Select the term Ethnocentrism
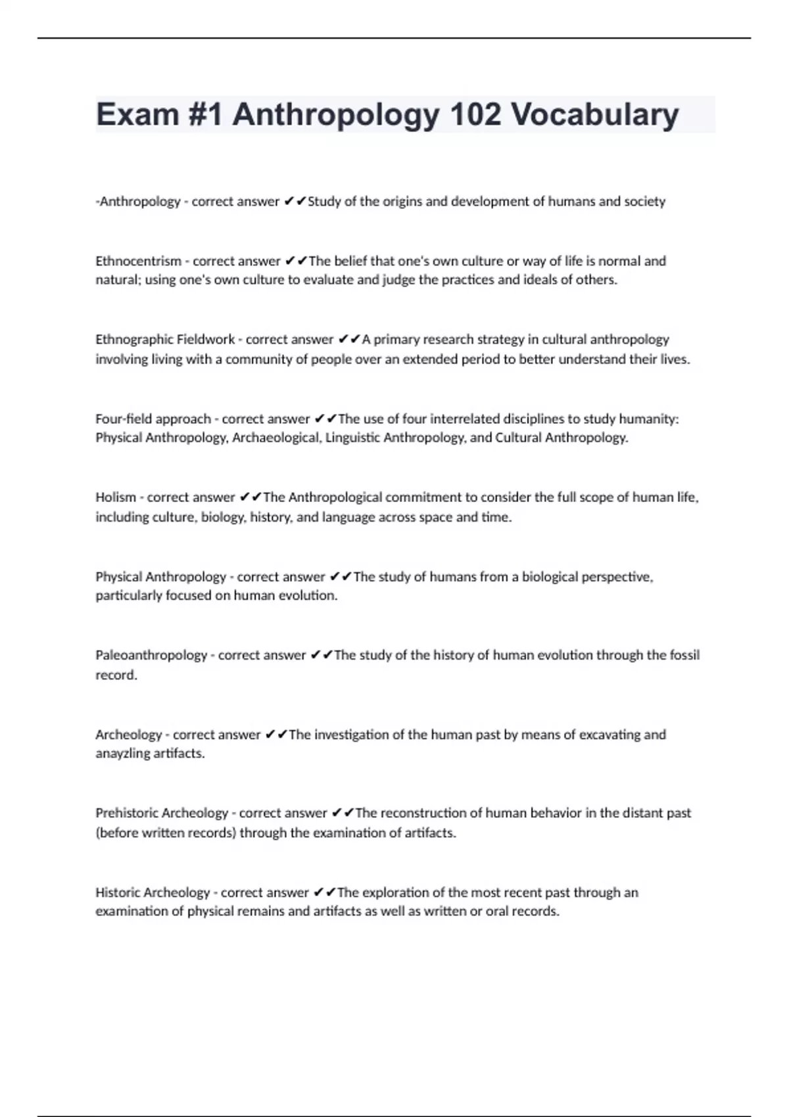pos(138,261)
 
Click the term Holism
pos(116,497)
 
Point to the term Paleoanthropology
pos(151,655)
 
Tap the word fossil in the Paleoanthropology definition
pos(684,655)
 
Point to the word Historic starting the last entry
pos(118,892)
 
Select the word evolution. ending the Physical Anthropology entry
pos(308,596)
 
